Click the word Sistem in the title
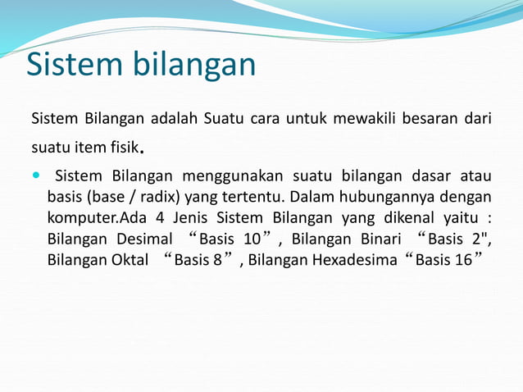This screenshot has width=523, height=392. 76,65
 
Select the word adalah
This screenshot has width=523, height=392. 171,119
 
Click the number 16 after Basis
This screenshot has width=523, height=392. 463,261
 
